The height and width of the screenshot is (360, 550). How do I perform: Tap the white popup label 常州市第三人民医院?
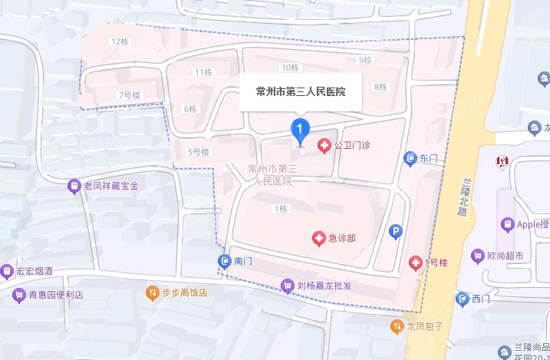[x=301, y=91]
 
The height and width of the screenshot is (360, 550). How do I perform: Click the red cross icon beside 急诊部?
[x=318, y=239]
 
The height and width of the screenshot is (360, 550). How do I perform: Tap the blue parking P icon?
[x=396, y=230]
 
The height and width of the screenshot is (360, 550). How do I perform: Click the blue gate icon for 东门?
[x=410, y=159]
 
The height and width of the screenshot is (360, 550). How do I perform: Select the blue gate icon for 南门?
[x=224, y=262]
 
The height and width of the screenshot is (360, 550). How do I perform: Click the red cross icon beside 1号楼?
[x=416, y=263]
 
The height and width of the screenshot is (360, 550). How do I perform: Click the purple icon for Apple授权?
[x=506, y=225]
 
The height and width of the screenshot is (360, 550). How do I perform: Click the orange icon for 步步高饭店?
[x=152, y=292]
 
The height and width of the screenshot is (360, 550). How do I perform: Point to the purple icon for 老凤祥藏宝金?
[x=74, y=186]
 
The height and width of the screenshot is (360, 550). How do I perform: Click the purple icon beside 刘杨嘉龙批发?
[x=288, y=286]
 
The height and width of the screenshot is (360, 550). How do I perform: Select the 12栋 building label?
[x=119, y=41]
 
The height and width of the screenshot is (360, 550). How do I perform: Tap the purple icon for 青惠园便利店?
[x=19, y=294]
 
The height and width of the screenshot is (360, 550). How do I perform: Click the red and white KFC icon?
[x=503, y=160]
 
